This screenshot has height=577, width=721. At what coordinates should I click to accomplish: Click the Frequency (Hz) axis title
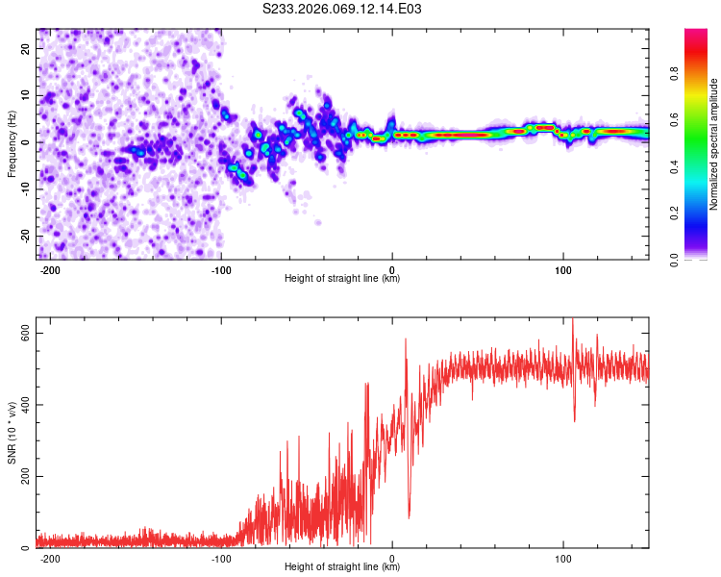(x=12, y=144)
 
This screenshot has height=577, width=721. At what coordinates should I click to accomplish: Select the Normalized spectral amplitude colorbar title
(x=713, y=144)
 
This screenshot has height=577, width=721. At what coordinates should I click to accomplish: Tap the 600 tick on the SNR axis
(x=22, y=333)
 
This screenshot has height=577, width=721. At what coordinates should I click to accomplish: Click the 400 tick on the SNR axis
(x=22, y=404)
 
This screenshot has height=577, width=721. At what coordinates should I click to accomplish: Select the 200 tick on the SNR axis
(x=22, y=476)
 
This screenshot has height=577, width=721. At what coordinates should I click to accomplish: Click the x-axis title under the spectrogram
(x=343, y=280)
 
